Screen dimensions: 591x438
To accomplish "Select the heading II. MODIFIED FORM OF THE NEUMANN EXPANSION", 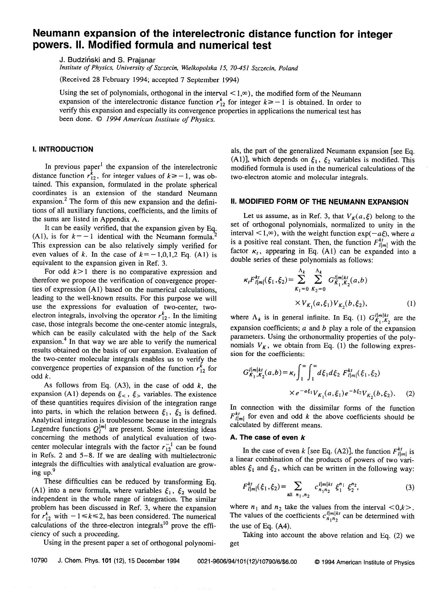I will tap(319, 202).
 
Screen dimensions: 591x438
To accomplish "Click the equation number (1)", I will tap(411, 304).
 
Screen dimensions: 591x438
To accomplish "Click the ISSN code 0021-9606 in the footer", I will tap(212, 562).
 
